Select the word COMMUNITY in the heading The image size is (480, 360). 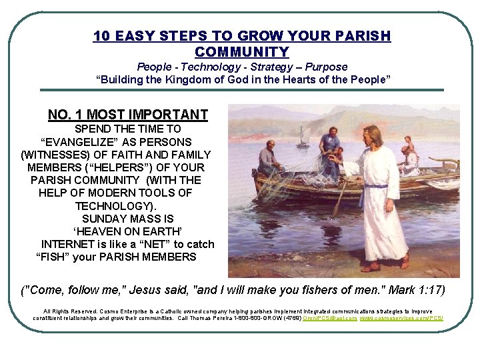[242, 51]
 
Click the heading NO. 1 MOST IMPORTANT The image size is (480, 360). [128, 115]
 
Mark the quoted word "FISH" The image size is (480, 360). [53, 257]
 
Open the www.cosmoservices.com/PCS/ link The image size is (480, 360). [401, 318]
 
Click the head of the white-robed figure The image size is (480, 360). [371, 135]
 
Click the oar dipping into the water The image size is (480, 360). [339, 200]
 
